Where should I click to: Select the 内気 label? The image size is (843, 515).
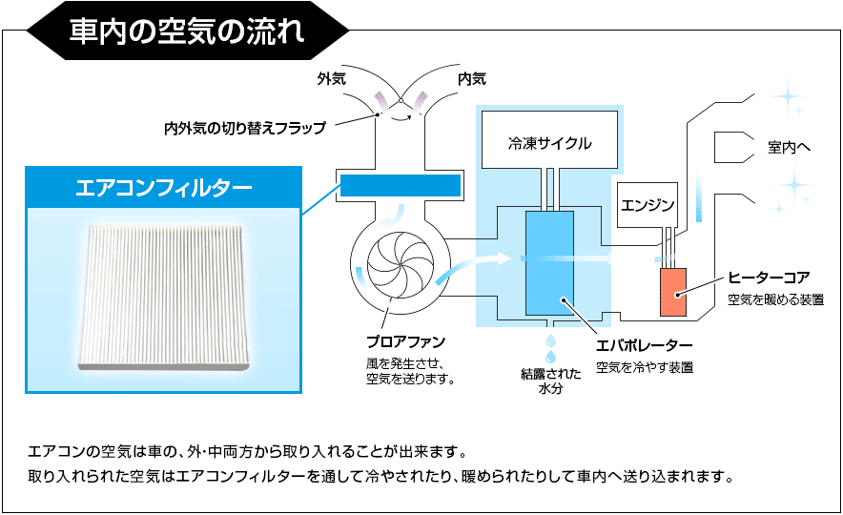click(x=471, y=79)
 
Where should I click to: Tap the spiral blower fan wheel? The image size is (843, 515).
click(x=392, y=265)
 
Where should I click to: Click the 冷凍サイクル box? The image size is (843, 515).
click(x=549, y=144)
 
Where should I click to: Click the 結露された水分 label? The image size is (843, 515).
click(x=549, y=381)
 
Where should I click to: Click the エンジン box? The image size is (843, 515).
click(x=648, y=204)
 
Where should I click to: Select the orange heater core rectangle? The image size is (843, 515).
click(x=673, y=290)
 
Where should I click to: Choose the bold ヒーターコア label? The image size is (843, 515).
click(x=769, y=278)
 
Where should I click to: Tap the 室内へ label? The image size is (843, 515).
click(x=789, y=148)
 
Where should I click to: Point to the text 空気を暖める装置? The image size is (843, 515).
click(x=775, y=299)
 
